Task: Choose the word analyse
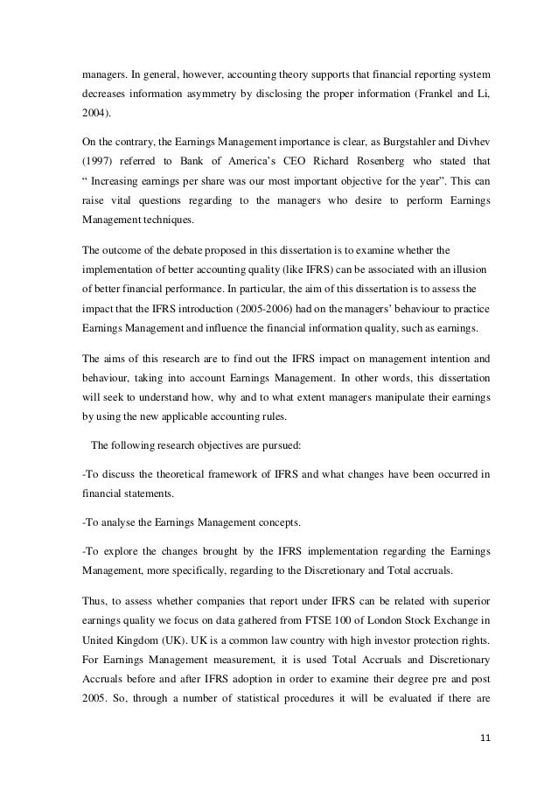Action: pyautogui.click(x=115, y=522)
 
